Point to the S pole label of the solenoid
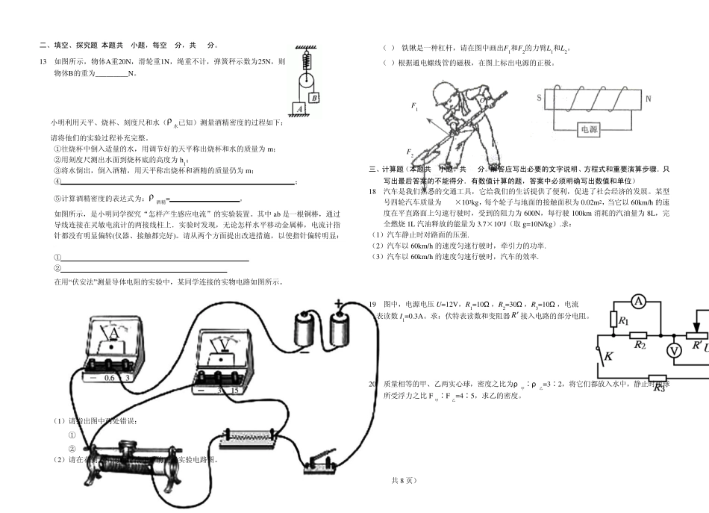(539, 98)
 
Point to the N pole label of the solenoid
(648, 98)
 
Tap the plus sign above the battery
(339, 303)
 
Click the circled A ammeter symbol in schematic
(638, 300)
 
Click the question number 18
(374, 192)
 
